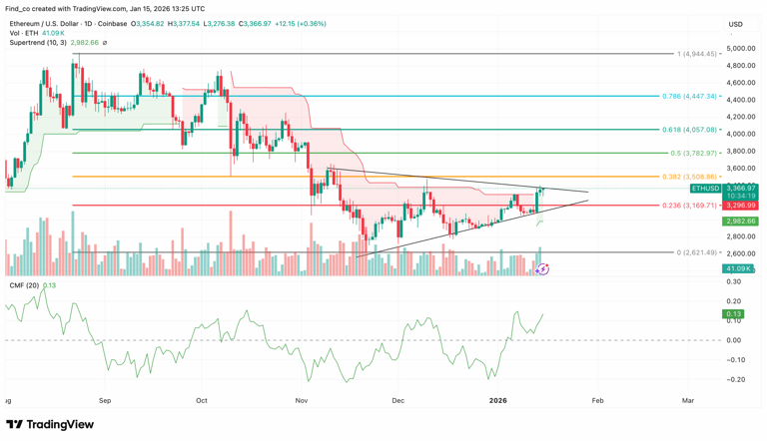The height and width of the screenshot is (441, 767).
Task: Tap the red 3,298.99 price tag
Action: click(740, 206)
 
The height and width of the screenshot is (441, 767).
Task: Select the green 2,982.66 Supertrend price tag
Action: click(740, 221)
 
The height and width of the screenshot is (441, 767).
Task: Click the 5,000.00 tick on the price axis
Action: click(740, 48)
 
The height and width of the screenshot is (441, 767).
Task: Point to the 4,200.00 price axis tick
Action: click(740, 117)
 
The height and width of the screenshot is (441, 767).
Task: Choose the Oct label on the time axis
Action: click(201, 400)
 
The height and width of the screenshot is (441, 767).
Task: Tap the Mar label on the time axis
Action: click(687, 400)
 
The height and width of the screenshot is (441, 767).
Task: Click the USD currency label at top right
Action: click(735, 24)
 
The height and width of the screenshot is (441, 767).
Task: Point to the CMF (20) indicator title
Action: click(25, 285)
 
